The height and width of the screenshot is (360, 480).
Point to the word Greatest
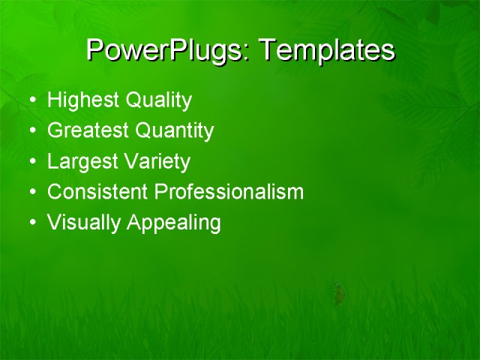click(x=88, y=131)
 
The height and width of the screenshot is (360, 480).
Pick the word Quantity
click(x=174, y=131)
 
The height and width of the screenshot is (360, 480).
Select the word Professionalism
click(x=229, y=192)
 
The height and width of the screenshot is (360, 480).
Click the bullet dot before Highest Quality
click(x=31, y=100)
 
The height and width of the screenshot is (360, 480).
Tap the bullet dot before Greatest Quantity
click(x=31, y=131)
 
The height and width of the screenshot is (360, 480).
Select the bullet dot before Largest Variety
click(x=31, y=162)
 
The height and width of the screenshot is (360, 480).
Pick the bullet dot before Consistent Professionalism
click(x=31, y=193)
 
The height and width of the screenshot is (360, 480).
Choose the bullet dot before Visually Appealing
click(x=31, y=223)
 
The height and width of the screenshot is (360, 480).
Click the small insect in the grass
click(x=339, y=292)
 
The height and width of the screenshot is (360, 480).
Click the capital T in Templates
click(x=267, y=49)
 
